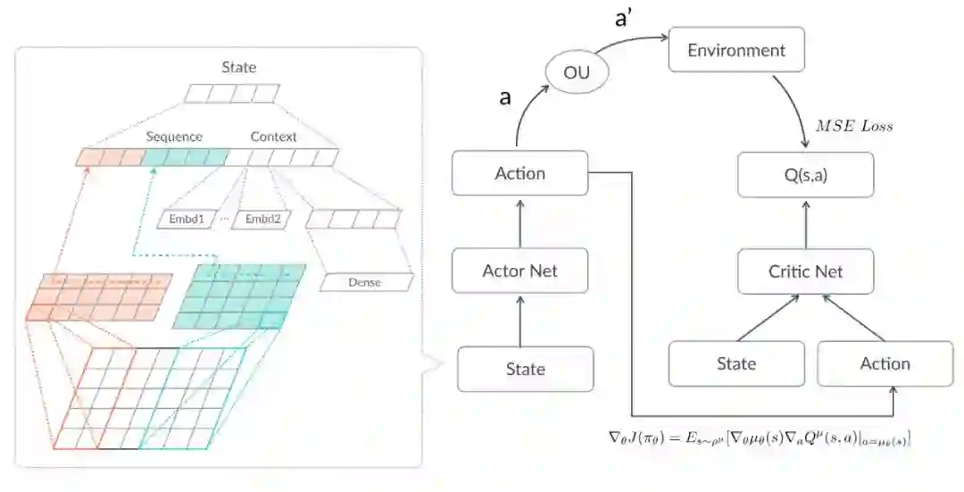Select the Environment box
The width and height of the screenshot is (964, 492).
coord(736,50)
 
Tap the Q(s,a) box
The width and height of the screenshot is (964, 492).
coord(806,174)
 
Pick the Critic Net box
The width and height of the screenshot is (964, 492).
coord(806,271)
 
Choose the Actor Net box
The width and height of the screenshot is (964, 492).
coord(520,271)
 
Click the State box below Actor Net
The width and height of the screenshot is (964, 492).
coord(525,369)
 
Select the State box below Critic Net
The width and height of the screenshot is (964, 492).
coord(736,363)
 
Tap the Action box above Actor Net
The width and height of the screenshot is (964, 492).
coord(520,173)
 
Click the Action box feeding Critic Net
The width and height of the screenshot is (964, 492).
coord(885,363)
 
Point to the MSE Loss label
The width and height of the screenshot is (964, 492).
coord(854,126)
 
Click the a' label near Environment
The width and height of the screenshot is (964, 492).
coord(624,19)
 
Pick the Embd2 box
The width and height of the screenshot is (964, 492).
coord(261,219)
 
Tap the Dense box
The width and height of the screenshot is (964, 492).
coord(365,282)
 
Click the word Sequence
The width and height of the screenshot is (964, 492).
coord(174,137)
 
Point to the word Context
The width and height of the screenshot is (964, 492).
coord(273,137)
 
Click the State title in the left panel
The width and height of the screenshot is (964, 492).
coord(238,67)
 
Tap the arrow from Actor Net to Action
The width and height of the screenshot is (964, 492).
coord(520,222)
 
